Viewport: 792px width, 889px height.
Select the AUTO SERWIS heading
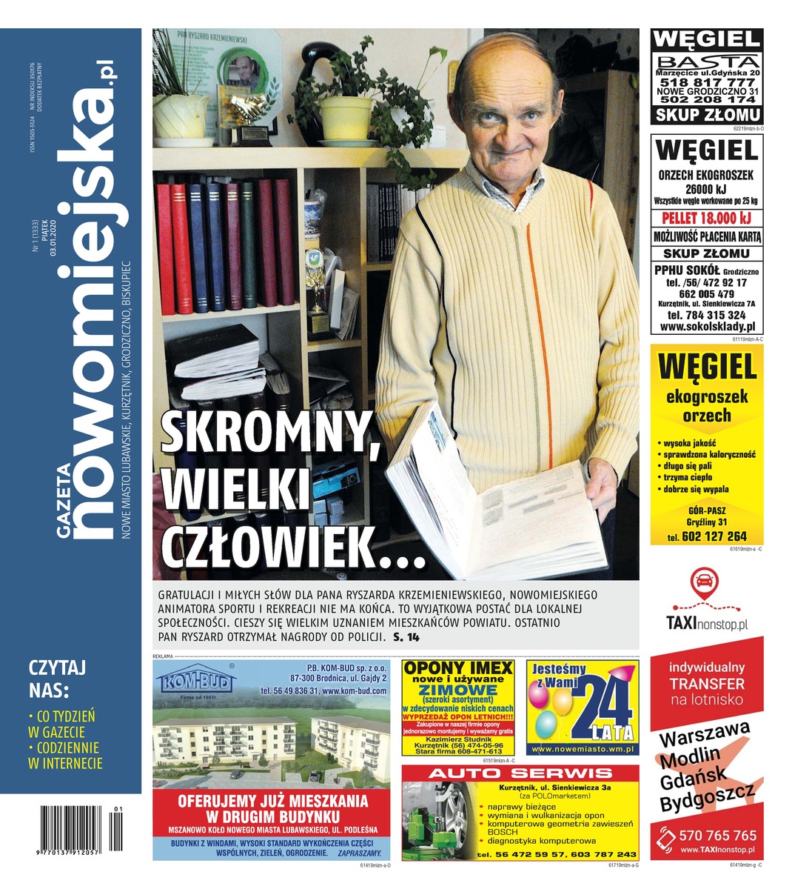[x=520, y=773]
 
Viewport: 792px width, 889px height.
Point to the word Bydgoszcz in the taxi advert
[x=707, y=799]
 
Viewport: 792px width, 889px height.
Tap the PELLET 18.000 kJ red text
[x=707, y=218]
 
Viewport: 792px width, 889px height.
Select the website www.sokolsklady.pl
[x=707, y=326]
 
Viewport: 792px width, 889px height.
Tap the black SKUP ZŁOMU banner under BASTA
[x=707, y=114]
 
